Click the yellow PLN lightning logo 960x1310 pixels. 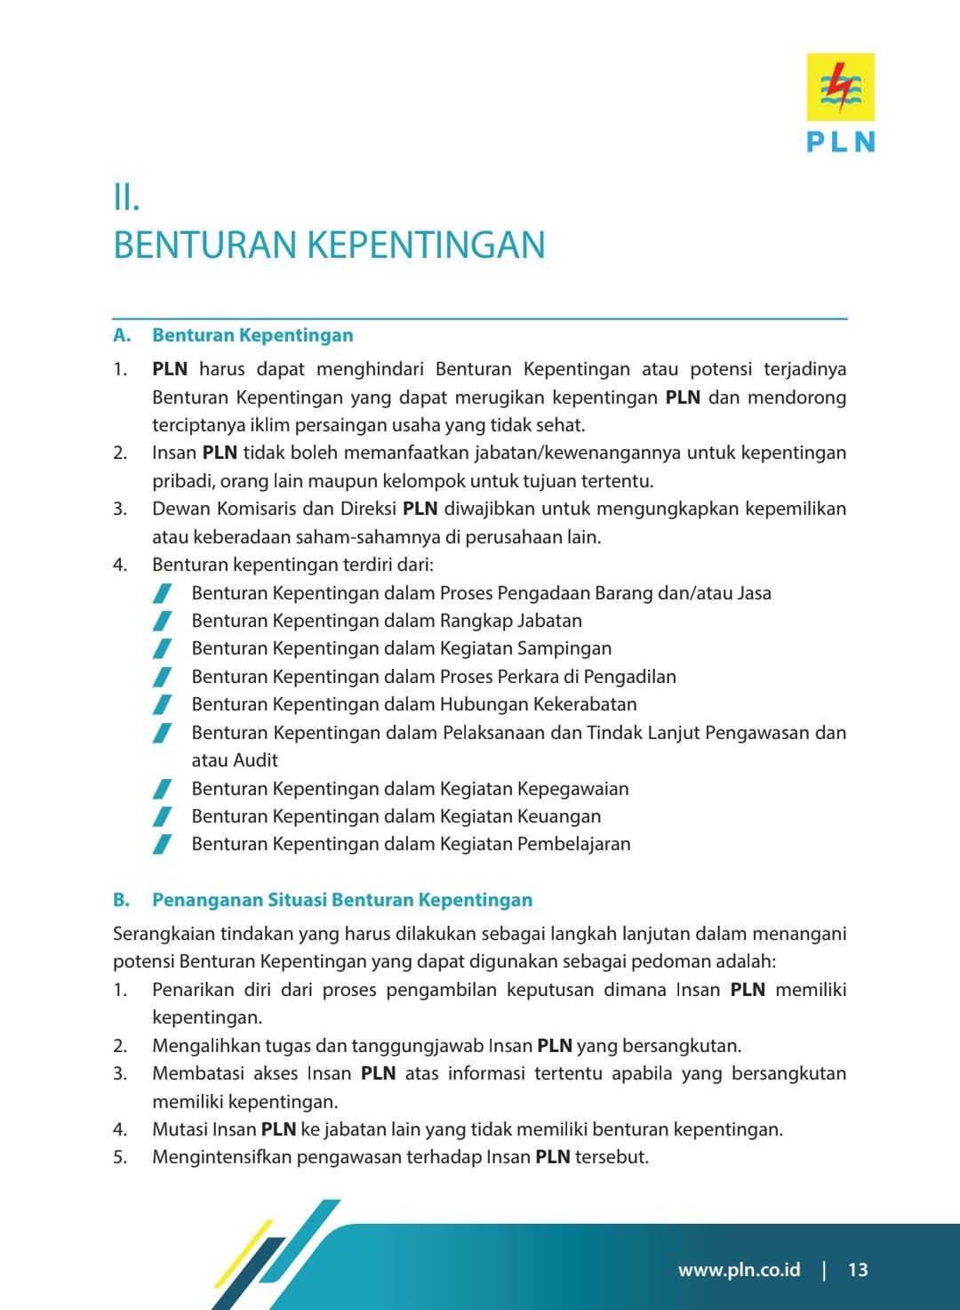click(840, 86)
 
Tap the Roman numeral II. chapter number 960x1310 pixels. click(126, 197)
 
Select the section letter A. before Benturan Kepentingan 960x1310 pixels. click(122, 335)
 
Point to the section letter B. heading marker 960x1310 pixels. click(121, 900)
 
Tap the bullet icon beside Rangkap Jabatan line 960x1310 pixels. click(162, 621)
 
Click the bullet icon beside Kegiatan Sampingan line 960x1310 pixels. click(162, 649)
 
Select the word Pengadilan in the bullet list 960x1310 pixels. click(629, 677)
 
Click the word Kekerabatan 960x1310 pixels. click(585, 704)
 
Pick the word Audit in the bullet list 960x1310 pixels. click(256, 760)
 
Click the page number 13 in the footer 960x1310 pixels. click(857, 1270)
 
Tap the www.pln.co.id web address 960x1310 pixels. click(739, 1270)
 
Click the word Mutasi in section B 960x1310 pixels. click(181, 1129)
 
